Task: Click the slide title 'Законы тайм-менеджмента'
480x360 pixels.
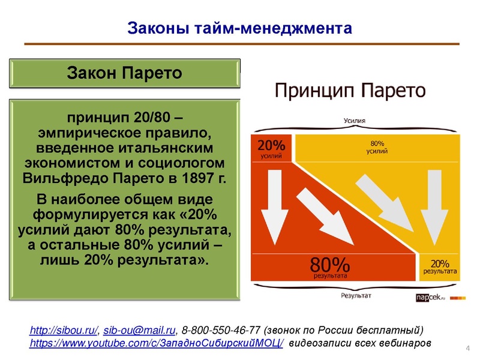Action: (x=239, y=28)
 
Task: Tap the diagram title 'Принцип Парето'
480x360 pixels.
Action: (x=350, y=92)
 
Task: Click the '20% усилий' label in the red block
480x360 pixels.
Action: (x=271, y=149)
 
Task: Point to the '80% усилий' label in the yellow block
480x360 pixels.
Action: (x=377, y=147)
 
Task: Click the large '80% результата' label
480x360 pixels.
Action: (x=330, y=268)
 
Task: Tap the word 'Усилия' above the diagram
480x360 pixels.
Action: (x=354, y=121)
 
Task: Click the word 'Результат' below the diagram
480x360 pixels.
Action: (x=356, y=295)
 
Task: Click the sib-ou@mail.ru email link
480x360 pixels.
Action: (x=140, y=330)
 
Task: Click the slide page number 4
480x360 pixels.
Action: (x=467, y=349)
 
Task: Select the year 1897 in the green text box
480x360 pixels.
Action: (x=203, y=178)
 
